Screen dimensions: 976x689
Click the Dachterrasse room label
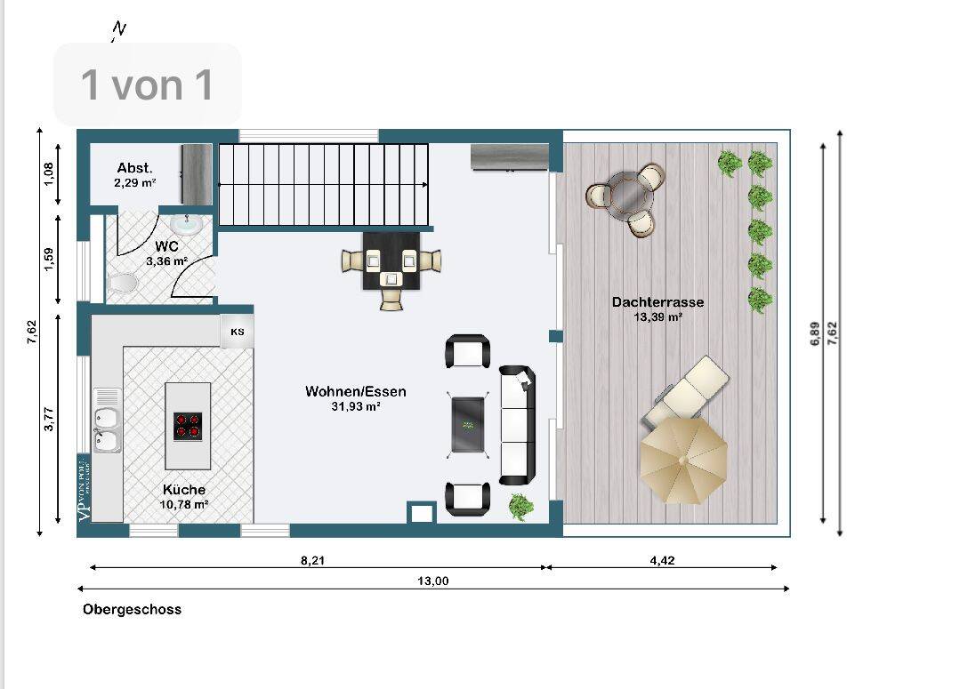657,302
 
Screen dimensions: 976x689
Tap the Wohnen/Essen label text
355,391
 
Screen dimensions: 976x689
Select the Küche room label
184,489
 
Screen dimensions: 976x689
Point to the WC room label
166,247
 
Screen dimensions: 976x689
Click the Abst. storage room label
134,168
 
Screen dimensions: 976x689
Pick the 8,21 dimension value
312,560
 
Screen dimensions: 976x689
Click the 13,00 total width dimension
432,581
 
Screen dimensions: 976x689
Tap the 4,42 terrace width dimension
662,560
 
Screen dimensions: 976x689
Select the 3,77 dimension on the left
49,419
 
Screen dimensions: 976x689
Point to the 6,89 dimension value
815,334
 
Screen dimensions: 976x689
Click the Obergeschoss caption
132,609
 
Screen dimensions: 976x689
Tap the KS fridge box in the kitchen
238,332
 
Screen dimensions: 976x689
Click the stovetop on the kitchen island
188,427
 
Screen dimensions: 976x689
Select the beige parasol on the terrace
683,461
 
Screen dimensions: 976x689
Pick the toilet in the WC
121,284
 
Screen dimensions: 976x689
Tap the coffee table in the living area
467,425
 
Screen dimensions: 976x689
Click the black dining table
391,261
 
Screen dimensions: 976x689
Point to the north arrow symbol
118,30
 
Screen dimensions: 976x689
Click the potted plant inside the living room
521,507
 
